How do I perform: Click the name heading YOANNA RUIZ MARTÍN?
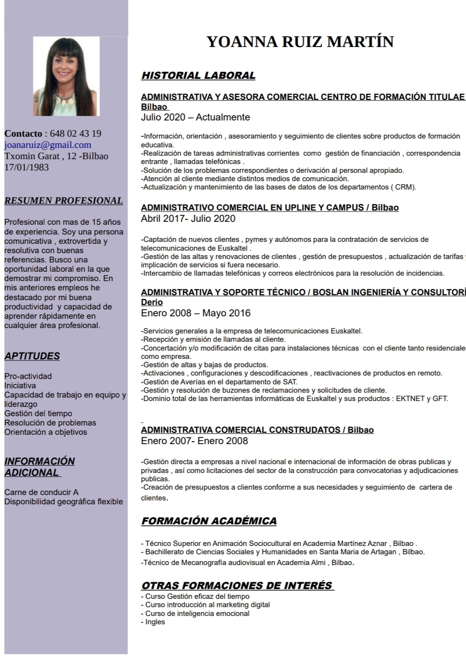click(x=300, y=42)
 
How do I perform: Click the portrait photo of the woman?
click(x=66, y=76)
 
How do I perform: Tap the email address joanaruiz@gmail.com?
click(x=48, y=145)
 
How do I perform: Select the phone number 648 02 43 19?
click(x=75, y=134)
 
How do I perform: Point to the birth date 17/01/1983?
click(x=26, y=167)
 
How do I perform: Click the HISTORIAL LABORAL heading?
click(x=198, y=76)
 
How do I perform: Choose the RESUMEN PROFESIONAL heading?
click(x=64, y=201)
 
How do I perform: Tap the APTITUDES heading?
click(x=32, y=356)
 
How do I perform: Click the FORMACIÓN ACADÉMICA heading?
click(x=209, y=521)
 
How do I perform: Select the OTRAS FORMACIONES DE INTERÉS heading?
click(x=237, y=586)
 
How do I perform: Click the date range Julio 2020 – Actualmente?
click(x=195, y=118)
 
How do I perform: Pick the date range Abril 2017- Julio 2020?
click(x=188, y=219)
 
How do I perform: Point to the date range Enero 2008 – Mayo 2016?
click(x=196, y=313)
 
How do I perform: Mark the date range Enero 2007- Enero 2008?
click(x=194, y=441)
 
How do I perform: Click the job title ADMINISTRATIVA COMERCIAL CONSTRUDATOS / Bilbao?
click(x=257, y=430)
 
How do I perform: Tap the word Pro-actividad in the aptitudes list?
click(x=28, y=376)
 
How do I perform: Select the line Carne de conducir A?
click(x=42, y=492)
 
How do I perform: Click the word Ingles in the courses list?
click(x=155, y=622)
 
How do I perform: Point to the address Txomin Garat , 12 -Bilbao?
click(x=56, y=156)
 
